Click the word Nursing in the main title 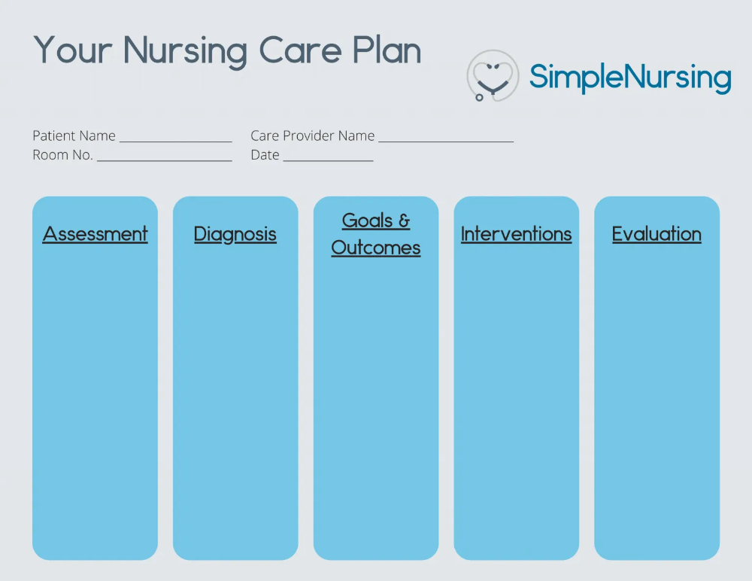(x=185, y=50)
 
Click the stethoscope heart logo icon (x=493, y=76)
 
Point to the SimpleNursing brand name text (x=630, y=78)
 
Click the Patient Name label (x=74, y=136)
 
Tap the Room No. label (x=62, y=155)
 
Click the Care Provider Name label (x=312, y=136)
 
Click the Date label (x=265, y=155)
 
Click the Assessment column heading (x=96, y=234)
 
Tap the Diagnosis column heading (x=235, y=234)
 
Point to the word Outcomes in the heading (x=376, y=248)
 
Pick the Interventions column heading (x=516, y=234)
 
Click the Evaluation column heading (x=656, y=234)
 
